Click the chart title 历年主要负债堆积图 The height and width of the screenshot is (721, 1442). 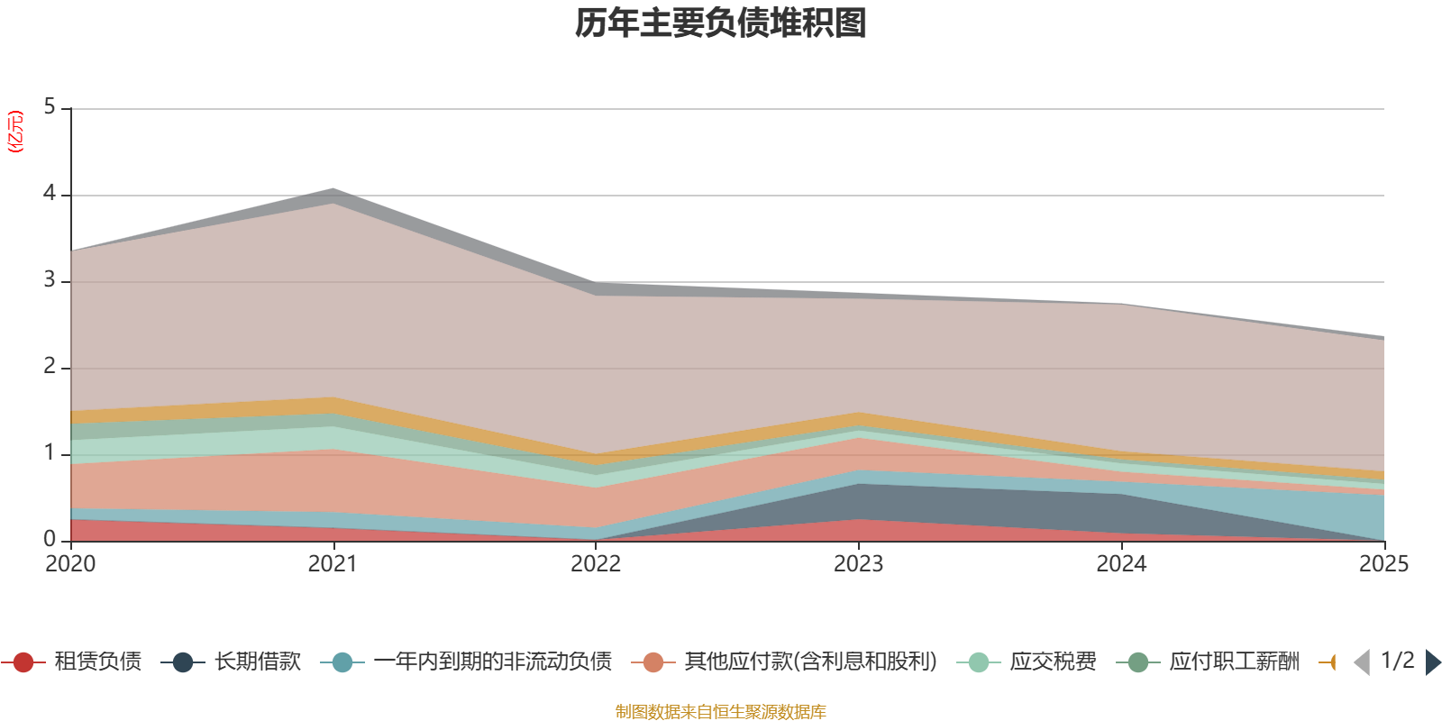(x=721, y=23)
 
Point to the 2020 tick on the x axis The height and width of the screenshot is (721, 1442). (x=70, y=564)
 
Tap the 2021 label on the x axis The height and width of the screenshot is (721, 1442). (x=333, y=564)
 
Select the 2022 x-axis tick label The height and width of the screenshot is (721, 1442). (x=596, y=564)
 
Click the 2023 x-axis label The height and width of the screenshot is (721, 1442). (x=858, y=564)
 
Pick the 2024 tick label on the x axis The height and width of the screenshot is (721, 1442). (x=1121, y=564)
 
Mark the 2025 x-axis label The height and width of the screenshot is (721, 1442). (x=1383, y=564)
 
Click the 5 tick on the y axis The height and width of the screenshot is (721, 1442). (x=50, y=107)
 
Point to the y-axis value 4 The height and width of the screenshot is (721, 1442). (x=50, y=194)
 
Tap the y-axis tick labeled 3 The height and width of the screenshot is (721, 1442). (x=50, y=280)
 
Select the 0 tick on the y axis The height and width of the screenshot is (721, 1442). (x=50, y=539)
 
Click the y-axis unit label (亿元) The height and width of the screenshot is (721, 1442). (x=15, y=132)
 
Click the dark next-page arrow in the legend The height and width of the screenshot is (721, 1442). (x=1433, y=662)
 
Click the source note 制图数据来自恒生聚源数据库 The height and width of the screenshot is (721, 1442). (x=721, y=712)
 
